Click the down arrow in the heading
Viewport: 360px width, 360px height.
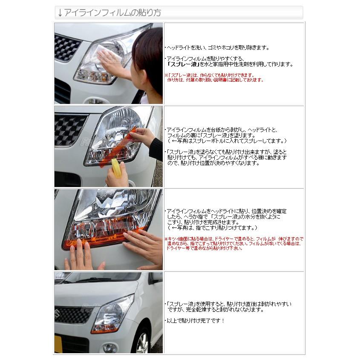[x=60, y=13]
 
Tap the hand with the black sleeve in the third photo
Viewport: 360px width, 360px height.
[x=143, y=247]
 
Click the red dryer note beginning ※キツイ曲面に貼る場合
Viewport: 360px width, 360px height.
[x=234, y=243]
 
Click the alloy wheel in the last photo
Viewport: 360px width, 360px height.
[x=143, y=343]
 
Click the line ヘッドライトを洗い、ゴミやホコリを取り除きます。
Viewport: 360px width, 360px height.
[x=217, y=48]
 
